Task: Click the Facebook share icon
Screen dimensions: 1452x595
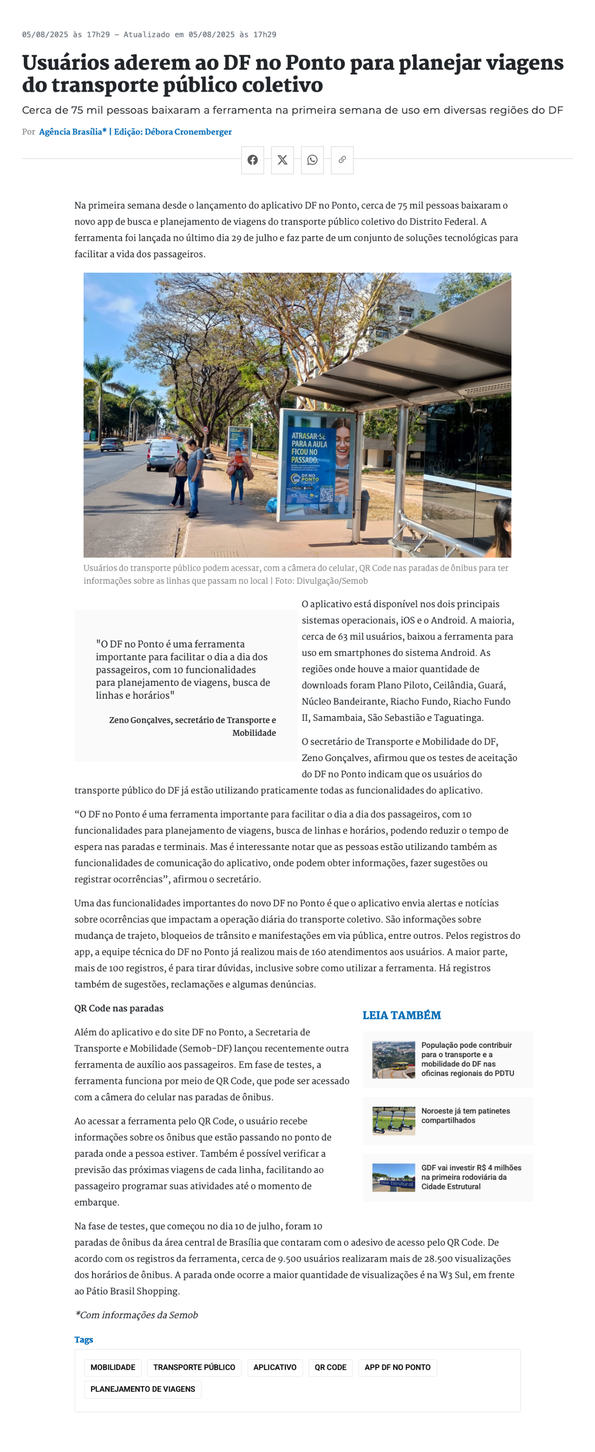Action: [252, 160]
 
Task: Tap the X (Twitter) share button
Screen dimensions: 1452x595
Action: [282, 160]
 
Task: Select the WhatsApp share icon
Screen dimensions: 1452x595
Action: [312, 160]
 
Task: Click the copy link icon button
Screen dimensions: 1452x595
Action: [342, 160]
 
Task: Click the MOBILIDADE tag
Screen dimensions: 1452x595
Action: [113, 1367]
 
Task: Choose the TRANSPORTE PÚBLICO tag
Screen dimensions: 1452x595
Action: [194, 1367]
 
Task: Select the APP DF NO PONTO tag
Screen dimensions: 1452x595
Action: [397, 1367]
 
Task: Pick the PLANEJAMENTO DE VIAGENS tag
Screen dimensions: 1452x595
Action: [143, 1388]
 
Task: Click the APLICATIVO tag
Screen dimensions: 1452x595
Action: [274, 1367]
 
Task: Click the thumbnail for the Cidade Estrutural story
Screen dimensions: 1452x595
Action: [393, 1177]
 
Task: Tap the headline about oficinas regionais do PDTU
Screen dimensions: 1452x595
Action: [467, 1059]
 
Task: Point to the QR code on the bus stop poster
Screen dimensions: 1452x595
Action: [326, 494]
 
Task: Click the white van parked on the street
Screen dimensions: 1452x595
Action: [164, 453]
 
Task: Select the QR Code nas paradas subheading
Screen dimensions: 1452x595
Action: [119, 1009]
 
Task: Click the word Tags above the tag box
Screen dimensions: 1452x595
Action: [83, 1339]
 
